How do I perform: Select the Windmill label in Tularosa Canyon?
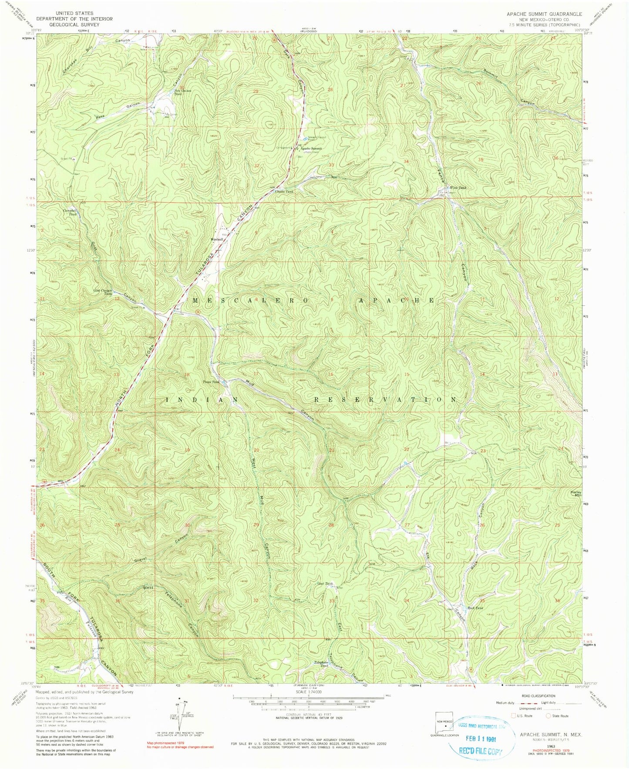tap(217, 239)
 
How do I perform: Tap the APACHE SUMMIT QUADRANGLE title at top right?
tap(543, 14)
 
